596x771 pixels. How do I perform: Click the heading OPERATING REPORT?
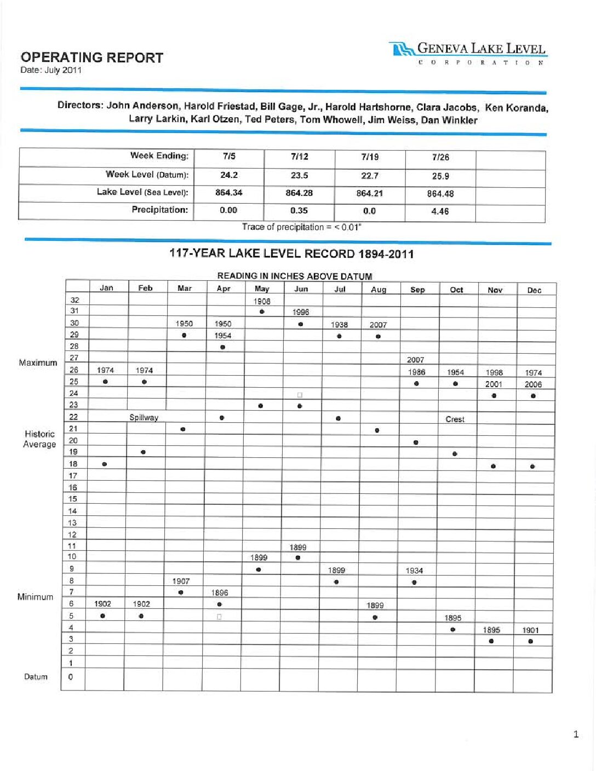click(92, 57)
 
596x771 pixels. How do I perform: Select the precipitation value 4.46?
click(440, 211)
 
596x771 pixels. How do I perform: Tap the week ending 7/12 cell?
click(300, 157)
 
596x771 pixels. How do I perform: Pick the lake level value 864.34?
click(228, 193)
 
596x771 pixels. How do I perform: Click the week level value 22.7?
click(370, 176)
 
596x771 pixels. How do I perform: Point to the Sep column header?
click(417, 290)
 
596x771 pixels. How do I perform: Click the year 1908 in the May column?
click(262, 301)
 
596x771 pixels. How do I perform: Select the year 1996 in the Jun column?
click(301, 312)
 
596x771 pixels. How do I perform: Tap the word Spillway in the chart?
click(144, 418)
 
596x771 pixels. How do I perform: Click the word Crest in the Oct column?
click(455, 419)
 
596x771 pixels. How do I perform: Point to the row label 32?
click(74, 300)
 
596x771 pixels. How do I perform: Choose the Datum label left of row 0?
click(36, 677)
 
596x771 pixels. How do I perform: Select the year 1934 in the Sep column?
click(414, 571)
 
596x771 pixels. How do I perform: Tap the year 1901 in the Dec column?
click(530, 630)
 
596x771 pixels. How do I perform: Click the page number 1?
click(576, 734)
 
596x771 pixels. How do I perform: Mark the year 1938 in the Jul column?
click(339, 325)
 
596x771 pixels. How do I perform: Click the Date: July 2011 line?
click(51, 70)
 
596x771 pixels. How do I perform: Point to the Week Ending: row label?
click(159, 156)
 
